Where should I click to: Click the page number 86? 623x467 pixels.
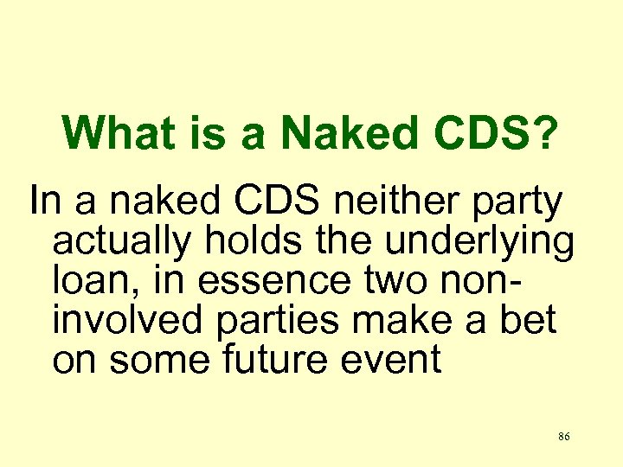564,437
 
